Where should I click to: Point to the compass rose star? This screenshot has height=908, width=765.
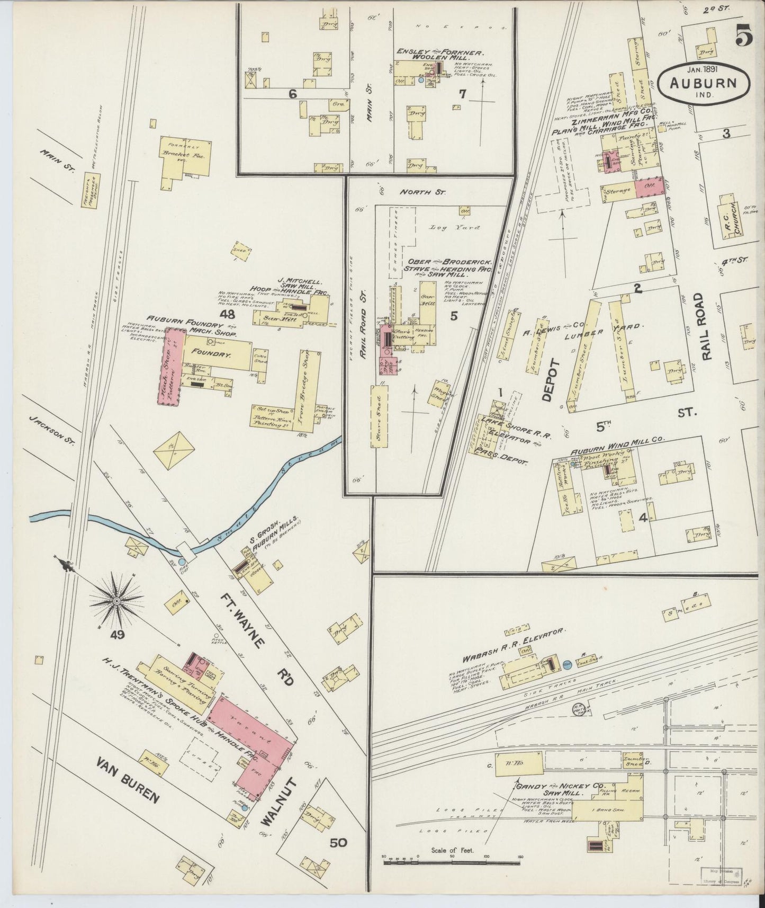116,601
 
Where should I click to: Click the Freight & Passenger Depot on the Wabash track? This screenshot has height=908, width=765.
92,192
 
